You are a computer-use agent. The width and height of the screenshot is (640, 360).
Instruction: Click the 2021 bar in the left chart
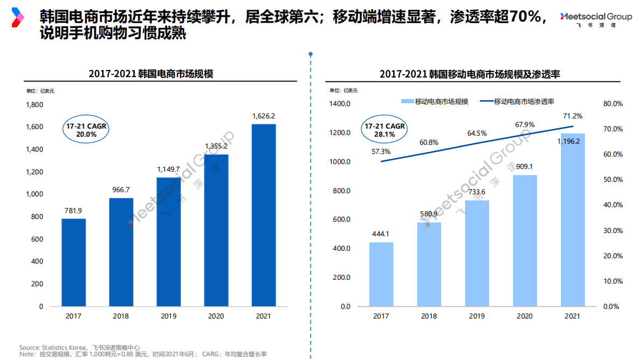[264, 215]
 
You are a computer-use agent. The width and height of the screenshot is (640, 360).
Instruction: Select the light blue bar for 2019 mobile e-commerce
[477, 253]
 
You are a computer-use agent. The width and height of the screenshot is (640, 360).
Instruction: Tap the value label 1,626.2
[264, 116]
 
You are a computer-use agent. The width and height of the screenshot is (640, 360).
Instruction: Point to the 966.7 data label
[121, 190]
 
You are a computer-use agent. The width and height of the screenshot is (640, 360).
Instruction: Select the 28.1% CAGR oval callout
[385, 130]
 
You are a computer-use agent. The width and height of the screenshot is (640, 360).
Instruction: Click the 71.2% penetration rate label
[572, 116]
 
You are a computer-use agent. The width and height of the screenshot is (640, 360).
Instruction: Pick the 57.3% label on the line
[381, 151]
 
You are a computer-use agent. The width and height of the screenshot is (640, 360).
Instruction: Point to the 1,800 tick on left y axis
[34, 104]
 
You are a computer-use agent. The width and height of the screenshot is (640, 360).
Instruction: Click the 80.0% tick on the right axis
[613, 104]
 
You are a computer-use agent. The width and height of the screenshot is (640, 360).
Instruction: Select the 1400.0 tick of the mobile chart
[339, 104]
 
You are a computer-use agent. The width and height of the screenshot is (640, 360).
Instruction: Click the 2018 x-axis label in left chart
[121, 316]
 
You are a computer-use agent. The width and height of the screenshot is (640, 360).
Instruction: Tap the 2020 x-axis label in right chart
[524, 316]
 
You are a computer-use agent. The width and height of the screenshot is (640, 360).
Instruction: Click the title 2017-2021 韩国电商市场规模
[151, 74]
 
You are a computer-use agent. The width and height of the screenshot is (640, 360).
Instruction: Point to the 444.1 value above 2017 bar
[381, 234]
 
